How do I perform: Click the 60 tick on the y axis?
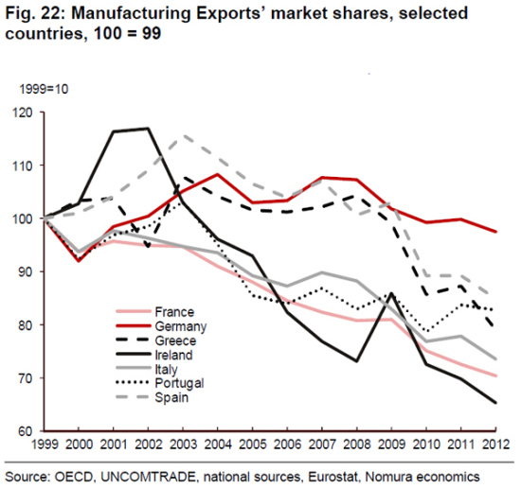click(24, 431)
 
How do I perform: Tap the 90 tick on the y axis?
click(24, 271)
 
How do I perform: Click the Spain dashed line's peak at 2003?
click(183, 136)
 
